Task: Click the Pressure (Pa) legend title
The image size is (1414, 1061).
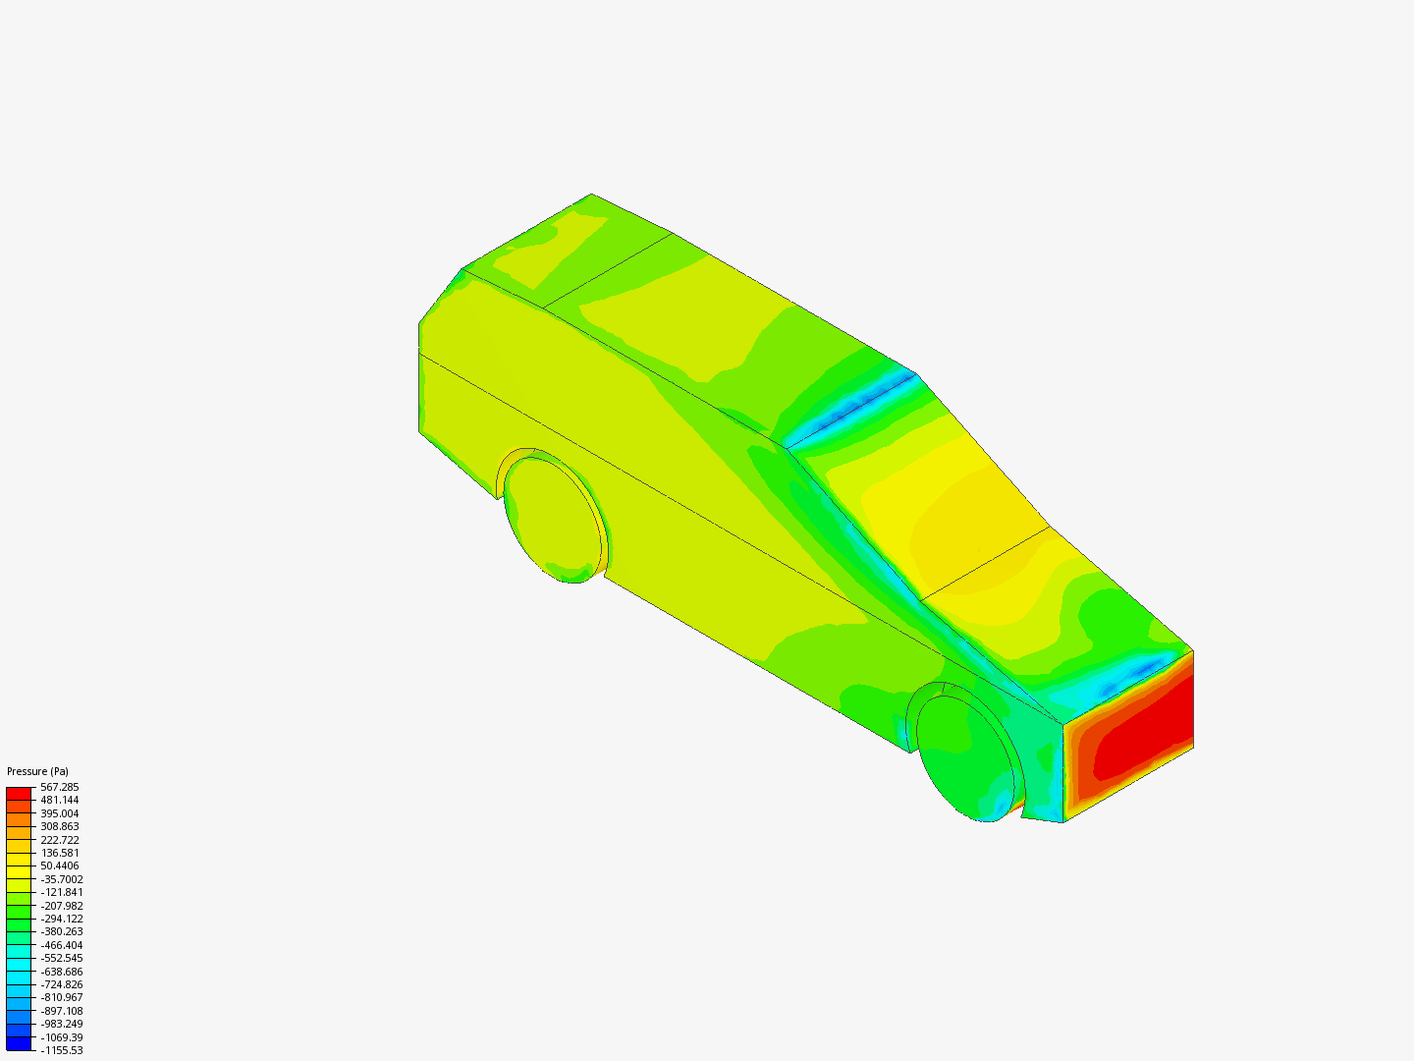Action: pos(37,771)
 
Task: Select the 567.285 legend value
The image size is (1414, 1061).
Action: pos(59,787)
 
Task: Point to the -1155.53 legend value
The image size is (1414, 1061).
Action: pos(61,1050)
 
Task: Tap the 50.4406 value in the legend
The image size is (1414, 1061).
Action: pos(61,866)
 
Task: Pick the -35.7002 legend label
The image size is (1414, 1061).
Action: pos(61,879)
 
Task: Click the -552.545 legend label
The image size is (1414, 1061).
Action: pos(61,958)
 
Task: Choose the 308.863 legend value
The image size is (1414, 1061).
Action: pos(59,826)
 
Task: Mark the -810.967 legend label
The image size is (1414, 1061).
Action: pos(61,997)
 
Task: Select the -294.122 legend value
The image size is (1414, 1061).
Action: pos(61,919)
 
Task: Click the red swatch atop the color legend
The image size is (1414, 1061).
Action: pos(19,792)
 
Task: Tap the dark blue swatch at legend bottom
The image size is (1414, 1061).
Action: pos(19,1044)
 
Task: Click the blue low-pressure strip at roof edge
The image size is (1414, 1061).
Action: pos(854,405)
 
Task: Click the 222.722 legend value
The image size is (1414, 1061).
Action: pos(59,840)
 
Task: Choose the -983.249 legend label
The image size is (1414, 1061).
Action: pos(61,1024)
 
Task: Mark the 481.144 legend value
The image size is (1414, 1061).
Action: pos(59,800)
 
